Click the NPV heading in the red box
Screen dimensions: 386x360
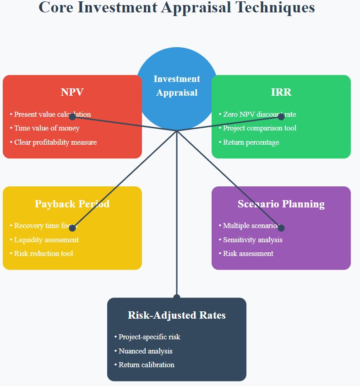pos(72,92)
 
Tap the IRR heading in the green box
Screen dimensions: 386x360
pos(281,92)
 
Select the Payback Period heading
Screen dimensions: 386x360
pos(72,204)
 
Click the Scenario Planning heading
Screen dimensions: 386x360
pos(281,204)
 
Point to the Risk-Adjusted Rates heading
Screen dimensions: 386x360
pos(177,315)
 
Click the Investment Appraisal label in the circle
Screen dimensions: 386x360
pos(177,86)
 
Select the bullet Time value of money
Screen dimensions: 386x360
pos(47,128)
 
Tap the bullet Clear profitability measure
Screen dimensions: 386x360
pos(55,142)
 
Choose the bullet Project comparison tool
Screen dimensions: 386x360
pos(260,128)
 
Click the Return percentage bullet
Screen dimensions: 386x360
pos(251,142)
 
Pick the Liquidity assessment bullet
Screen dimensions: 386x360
pos(46,240)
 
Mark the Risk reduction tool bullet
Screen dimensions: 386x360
pos(44,254)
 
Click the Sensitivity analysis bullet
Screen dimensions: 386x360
pos(253,240)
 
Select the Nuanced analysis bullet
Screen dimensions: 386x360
pos(146,351)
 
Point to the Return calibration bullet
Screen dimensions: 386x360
pos(147,365)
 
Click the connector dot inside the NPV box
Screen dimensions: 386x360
pos(72,117)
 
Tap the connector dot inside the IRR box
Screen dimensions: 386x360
pos(281,117)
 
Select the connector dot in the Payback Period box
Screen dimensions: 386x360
pos(72,228)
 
